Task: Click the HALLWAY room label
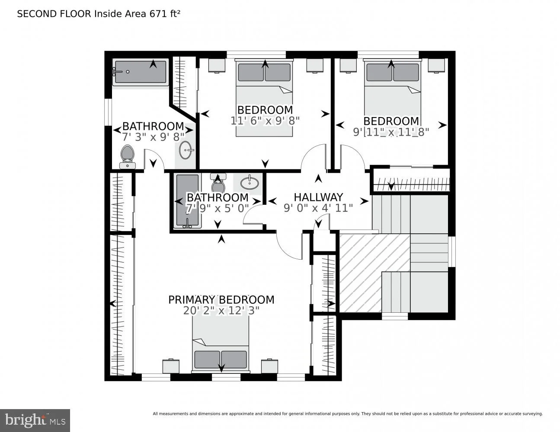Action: [318, 197]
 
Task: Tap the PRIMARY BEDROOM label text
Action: [221, 300]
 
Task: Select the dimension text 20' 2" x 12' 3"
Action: [221, 311]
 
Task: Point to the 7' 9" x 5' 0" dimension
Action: [217, 208]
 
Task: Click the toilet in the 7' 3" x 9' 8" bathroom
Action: [128, 157]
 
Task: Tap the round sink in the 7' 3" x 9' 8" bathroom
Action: [186, 150]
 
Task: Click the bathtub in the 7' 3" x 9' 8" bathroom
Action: [141, 72]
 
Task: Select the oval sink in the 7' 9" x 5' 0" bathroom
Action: [250, 183]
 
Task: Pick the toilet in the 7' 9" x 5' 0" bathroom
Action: [218, 183]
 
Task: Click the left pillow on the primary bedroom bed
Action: [208, 359]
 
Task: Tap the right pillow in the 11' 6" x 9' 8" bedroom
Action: [278, 72]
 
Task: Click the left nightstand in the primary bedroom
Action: [171, 366]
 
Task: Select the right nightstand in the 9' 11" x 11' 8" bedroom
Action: [436, 65]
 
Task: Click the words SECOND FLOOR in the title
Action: [54, 14]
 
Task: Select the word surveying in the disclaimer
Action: [532, 414]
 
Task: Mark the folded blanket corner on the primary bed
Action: [199, 342]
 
